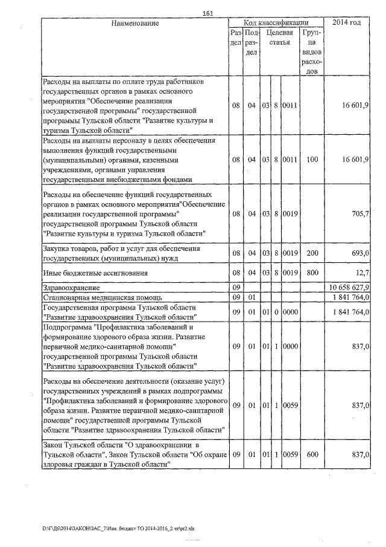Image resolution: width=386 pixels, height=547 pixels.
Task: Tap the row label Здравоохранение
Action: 68,286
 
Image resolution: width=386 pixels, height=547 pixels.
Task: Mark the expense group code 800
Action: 311,273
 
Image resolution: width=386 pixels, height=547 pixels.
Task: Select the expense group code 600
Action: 311,454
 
